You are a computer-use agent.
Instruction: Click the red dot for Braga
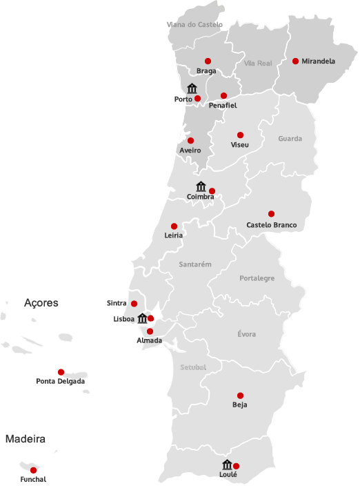tap(208, 61)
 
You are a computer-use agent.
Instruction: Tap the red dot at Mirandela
tap(295, 61)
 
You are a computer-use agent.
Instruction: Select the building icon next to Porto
tap(192, 88)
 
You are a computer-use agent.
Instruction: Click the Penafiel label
tap(222, 106)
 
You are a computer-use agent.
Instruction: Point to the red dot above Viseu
tap(240, 135)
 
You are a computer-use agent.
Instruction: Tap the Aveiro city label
tap(190, 150)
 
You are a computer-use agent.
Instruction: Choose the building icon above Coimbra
tap(201, 186)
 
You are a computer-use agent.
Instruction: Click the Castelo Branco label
tap(271, 225)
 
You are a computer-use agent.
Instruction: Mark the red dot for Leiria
tap(174, 226)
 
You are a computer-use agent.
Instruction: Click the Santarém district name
tap(194, 264)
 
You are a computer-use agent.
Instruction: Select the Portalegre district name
tap(257, 278)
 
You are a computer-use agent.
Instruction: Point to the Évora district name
tap(246, 334)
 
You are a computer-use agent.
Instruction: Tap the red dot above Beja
tap(240, 395)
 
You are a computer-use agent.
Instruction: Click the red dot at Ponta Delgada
tap(61, 371)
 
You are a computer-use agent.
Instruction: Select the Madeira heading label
tap(26, 438)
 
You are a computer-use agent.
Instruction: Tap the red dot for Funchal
tap(33, 470)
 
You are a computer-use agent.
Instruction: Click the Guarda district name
tap(290, 139)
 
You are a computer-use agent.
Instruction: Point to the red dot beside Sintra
tap(134, 304)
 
